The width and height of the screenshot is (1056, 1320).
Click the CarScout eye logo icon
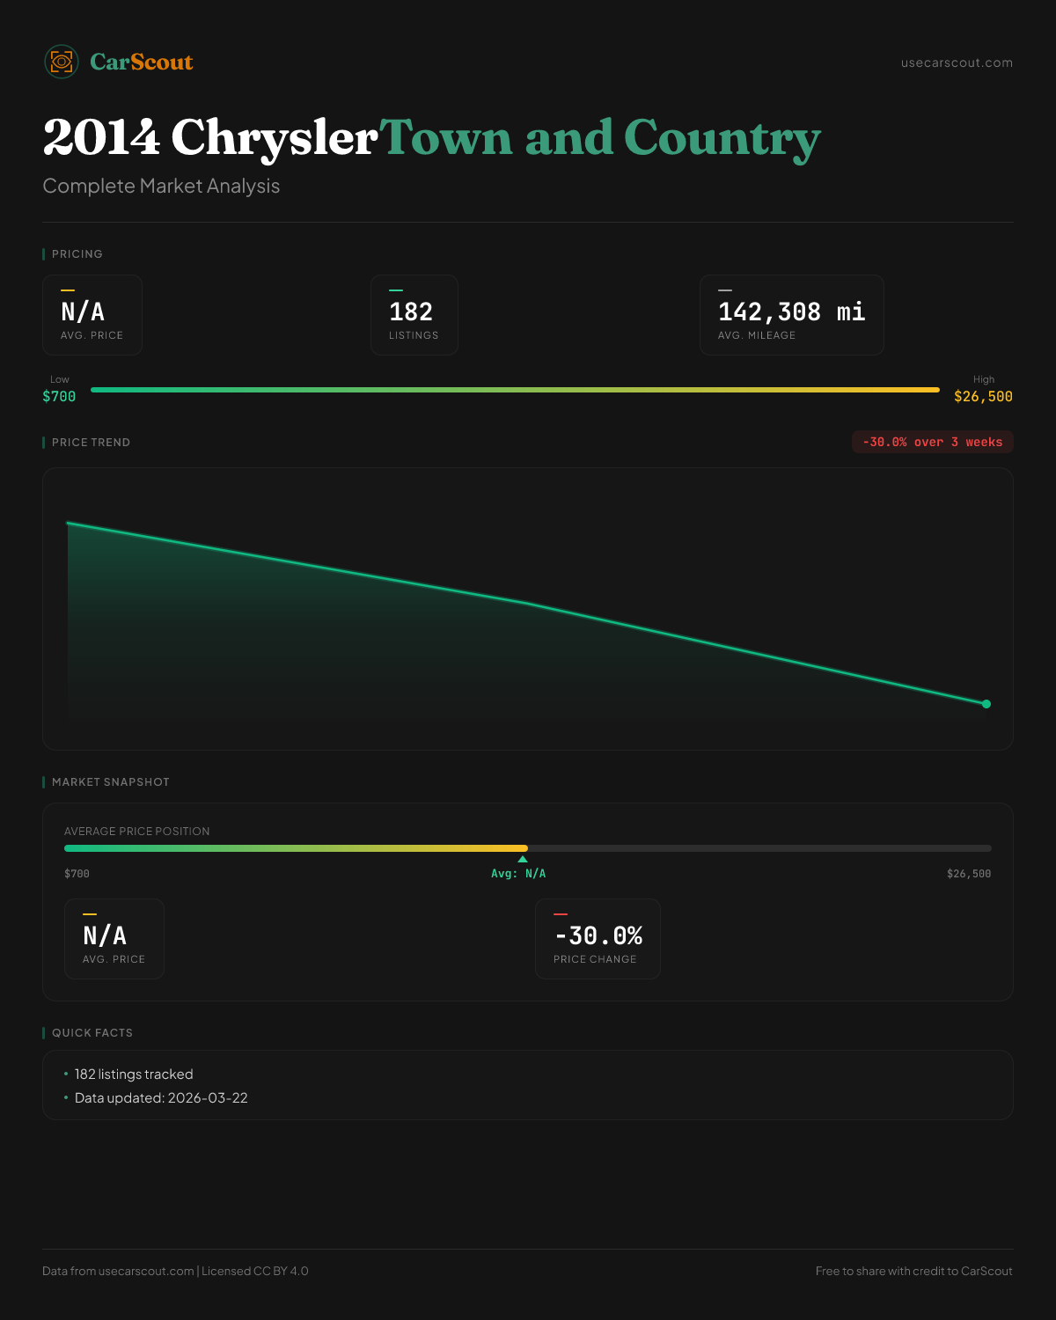[x=62, y=62]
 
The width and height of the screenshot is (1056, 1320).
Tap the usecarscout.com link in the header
[x=957, y=62]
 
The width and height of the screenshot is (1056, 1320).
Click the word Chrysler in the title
[x=274, y=138]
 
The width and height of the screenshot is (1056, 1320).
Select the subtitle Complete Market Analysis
[x=161, y=186]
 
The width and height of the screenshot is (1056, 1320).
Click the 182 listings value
[x=411, y=312]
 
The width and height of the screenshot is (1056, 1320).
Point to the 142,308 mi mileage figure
[x=791, y=312]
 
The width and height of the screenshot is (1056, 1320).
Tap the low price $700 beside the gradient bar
[x=59, y=397]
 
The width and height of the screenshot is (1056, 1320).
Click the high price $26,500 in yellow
[x=983, y=397]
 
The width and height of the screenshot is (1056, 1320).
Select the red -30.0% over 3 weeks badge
[x=932, y=442]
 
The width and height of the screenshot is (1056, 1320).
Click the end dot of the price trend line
[x=986, y=704]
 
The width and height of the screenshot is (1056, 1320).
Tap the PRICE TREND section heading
[x=91, y=443]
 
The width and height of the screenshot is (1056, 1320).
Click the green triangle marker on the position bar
[x=523, y=859]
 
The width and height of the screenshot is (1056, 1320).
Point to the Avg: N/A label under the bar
[x=518, y=874]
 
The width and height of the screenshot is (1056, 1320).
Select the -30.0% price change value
[x=598, y=935]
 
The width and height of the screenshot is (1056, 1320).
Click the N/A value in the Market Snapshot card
[x=105, y=935]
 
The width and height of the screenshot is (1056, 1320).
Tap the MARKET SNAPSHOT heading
[x=110, y=782]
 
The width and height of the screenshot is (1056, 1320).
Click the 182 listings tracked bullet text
[x=134, y=1074]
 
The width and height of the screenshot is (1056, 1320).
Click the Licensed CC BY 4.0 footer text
[x=255, y=1271]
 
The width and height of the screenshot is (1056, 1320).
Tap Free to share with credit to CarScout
[x=913, y=1271]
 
